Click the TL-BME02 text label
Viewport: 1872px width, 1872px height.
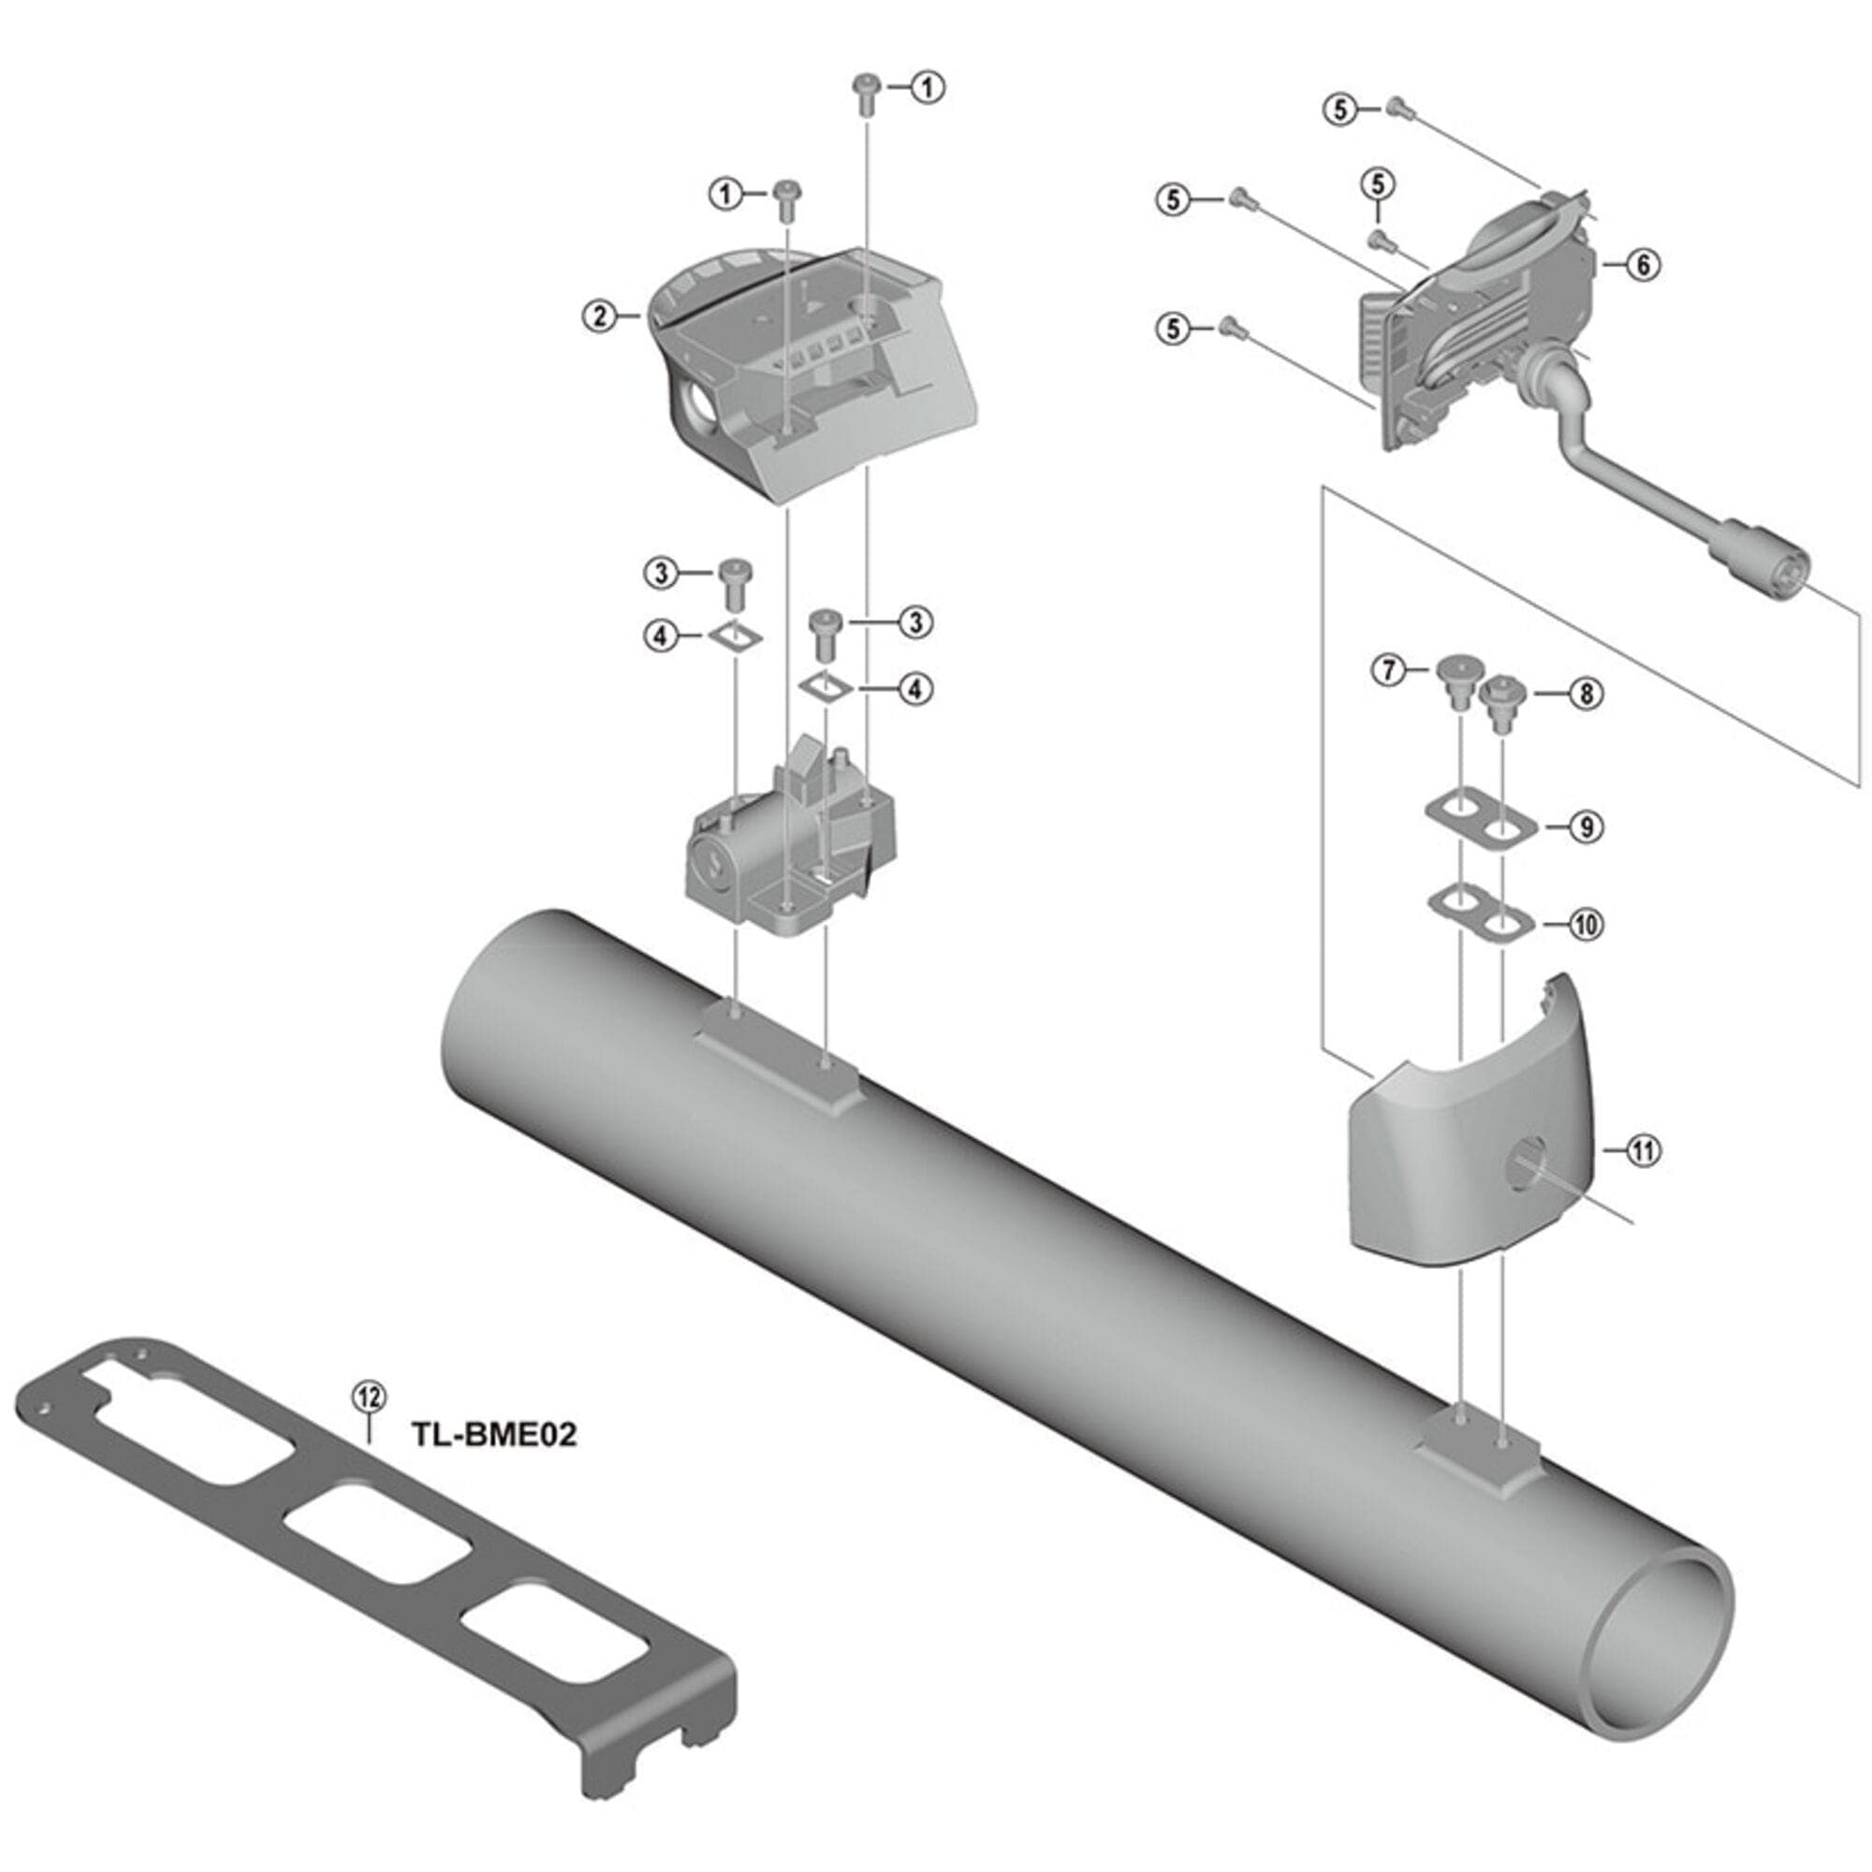(494, 1433)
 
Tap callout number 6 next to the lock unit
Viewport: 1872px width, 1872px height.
(1644, 264)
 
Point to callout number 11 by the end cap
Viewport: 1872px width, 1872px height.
(1643, 1150)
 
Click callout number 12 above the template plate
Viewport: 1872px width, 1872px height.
(368, 1397)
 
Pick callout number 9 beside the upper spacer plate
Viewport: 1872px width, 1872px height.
(1586, 826)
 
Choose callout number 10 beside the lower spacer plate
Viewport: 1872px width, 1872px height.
(1586, 925)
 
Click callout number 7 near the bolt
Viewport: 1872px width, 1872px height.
(1388, 669)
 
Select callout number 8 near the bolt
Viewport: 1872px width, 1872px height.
(1586, 694)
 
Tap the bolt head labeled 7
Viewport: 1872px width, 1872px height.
(1457, 668)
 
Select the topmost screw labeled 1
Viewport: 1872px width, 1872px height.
(864, 87)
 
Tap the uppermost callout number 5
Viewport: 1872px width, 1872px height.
(1340, 110)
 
